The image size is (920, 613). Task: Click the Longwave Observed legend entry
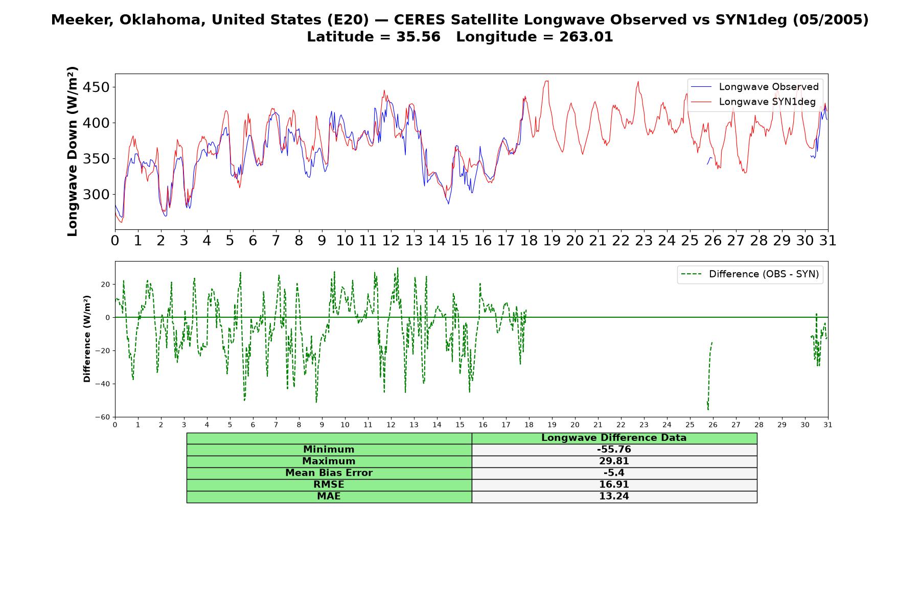click(754, 87)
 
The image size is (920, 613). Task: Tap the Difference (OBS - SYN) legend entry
click(750, 274)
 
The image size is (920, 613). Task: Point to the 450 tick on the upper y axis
click(96, 87)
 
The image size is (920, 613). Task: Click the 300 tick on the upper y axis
click(96, 195)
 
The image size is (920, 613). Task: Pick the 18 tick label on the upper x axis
click(529, 241)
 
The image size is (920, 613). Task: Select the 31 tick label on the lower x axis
click(828, 425)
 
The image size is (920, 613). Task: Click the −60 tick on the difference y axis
click(102, 417)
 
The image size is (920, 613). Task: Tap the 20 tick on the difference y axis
click(106, 285)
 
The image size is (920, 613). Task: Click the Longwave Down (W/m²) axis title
click(72, 151)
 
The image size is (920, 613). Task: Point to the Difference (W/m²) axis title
click(87, 339)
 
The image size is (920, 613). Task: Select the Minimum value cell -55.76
click(614, 450)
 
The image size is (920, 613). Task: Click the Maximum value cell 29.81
click(614, 461)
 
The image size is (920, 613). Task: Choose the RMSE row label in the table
click(329, 485)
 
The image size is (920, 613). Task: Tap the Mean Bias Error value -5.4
click(614, 473)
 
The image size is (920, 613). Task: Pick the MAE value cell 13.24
click(614, 497)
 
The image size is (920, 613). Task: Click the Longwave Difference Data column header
click(614, 438)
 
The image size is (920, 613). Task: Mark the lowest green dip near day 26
click(708, 410)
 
